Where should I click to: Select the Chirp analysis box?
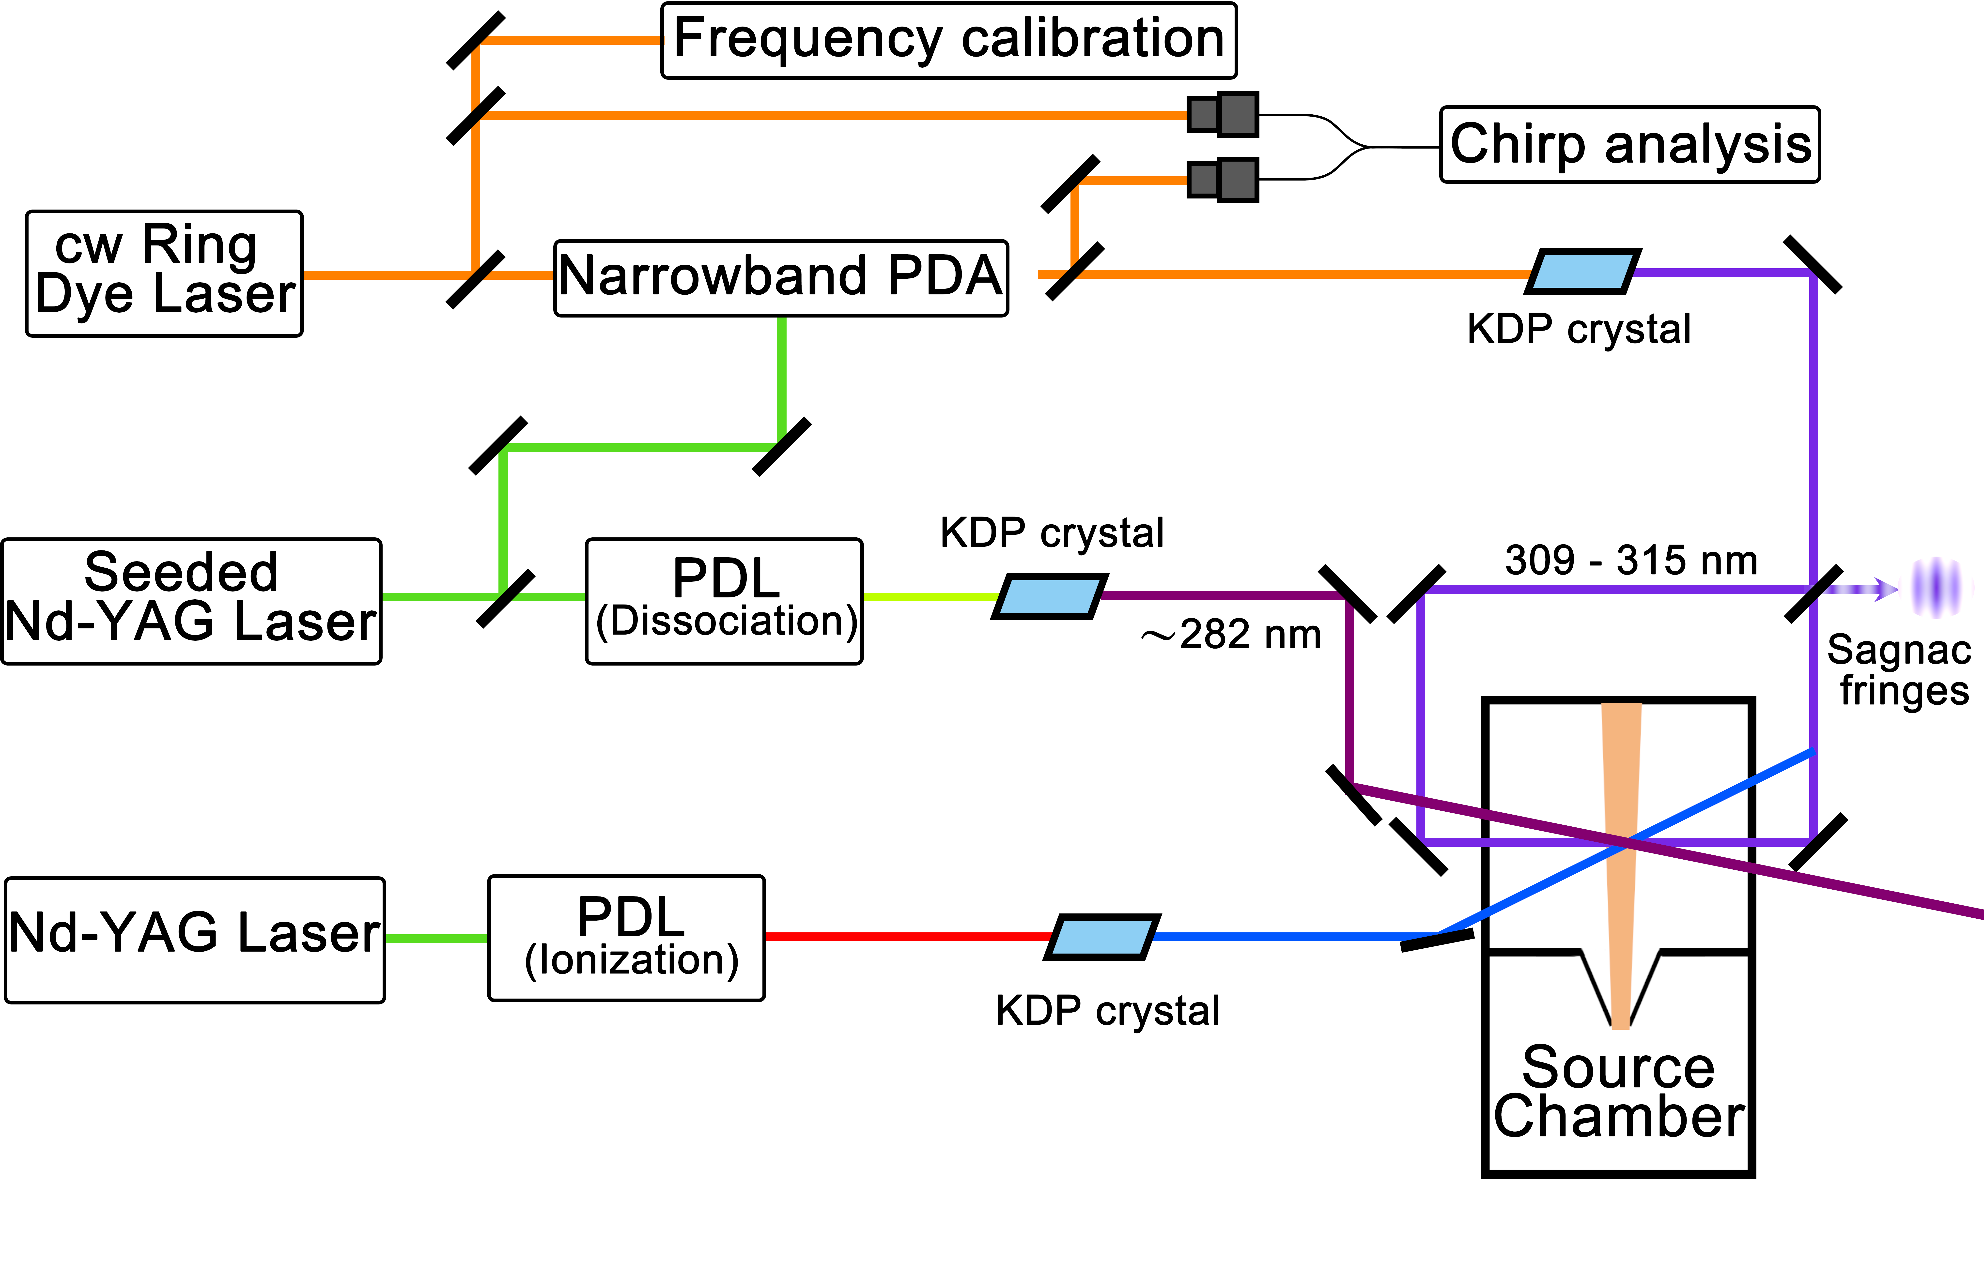(1630, 144)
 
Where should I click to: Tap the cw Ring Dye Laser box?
(164, 273)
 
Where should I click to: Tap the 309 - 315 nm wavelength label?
(1630, 561)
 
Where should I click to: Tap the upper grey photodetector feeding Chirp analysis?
(1222, 114)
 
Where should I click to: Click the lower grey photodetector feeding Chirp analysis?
(1222, 180)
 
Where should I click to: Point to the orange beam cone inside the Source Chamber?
(1620, 828)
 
